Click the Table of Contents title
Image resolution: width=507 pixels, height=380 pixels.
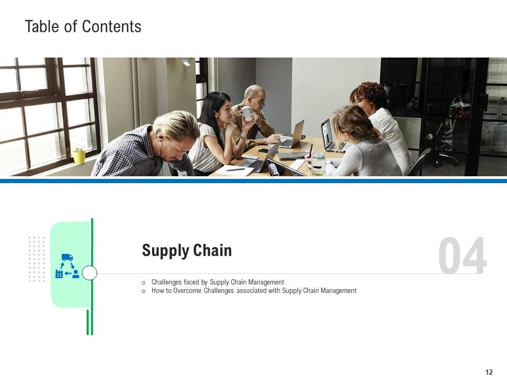[x=83, y=26]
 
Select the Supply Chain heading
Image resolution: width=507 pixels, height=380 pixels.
[x=186, y=251]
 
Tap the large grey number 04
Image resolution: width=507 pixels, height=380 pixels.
[x=462, y=257]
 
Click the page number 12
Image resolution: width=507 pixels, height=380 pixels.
[x=489, y=372]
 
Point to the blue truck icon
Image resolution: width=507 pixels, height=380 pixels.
[x=67, y=258]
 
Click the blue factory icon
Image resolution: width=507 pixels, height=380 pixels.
[x=59, y=274]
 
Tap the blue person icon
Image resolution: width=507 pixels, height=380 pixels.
[x=76, y=274]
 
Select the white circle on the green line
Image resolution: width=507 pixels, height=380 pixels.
[x=90, y=273]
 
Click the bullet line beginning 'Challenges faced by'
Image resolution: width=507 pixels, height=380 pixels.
[x=218, y=282]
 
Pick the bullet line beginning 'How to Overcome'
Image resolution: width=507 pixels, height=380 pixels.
[x=253, y=291]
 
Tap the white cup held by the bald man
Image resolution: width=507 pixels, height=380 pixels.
[x=247, y=113]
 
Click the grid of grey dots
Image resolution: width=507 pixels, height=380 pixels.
[x=36, y=259]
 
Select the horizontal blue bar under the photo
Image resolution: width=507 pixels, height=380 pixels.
[x=253, y=180]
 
